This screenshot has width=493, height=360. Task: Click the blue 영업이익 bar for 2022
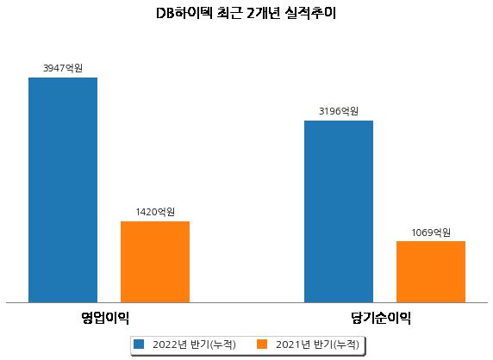click(63, 190)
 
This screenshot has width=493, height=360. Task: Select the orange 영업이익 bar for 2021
click(155, 262)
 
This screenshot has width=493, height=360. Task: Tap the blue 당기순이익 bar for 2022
click(339, 211)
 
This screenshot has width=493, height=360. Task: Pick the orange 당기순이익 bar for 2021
click(431, 272)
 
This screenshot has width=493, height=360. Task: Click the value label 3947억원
click(63, 68)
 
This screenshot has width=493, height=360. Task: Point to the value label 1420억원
click(155, 212)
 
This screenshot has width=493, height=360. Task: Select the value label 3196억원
click(339, 111)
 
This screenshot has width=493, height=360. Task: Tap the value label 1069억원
click(431, 233)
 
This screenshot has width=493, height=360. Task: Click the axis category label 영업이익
click(105, 318)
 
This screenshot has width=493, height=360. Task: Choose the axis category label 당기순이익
click(381, 318)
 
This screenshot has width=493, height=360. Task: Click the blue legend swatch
click(139, 344)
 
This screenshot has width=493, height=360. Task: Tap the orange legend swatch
click(262, 344)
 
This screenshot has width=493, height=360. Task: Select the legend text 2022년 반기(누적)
click(194, 344)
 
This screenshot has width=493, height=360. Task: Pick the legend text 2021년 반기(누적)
click(317, 344)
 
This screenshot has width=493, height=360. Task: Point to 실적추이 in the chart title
click(310, 13)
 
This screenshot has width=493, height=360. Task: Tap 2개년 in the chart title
click(264, 13)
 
